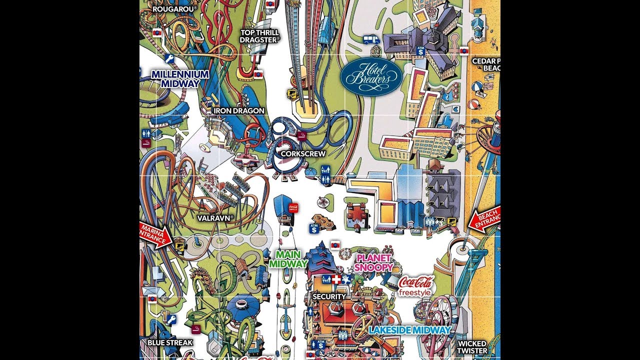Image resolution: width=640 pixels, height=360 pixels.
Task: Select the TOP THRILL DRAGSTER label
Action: [260, 36]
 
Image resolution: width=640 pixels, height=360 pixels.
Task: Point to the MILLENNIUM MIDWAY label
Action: [180, 78]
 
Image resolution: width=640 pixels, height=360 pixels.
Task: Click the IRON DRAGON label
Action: [238, 110]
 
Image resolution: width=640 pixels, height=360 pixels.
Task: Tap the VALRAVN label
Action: [216, 218]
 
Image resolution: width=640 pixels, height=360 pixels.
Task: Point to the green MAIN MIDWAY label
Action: [288, 258]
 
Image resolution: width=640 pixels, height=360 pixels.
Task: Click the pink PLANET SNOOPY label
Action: [373, 262]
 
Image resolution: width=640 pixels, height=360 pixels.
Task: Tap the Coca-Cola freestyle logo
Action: [416, 285]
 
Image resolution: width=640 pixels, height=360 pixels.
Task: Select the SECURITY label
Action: [329, 296]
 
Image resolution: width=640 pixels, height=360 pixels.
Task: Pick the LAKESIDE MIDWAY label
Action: [409, 330]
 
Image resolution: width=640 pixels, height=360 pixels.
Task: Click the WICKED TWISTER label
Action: [471, 347]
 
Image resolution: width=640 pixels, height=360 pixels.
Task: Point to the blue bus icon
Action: [370, 39]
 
